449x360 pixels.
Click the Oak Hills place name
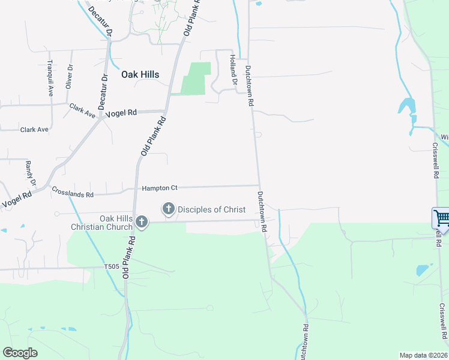pyautogui.click(x=140, y=74)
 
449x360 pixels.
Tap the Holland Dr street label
pyautogui.click(x=232, y=66)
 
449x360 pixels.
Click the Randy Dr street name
pyautogui.click(x=31, y=173)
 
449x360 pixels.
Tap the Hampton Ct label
pyautogui.click(x=160, y=188)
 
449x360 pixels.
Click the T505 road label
pyautogui.click(x=112, y=267)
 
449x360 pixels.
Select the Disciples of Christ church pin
pyautogui.click(x=169, y=209)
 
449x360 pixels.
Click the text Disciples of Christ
pyautogui.click(x=211, y=209)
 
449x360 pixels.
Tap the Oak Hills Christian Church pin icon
pyautogui.click(x=142, y=222)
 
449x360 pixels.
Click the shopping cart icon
pyautogui.click(x=441, y=217)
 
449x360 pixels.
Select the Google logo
pyautogui.click(x=20, y=353)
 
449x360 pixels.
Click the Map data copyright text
pyautogui.click(x=423, y=355)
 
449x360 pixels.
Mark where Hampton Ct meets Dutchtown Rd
pyautogui.click(x=259, y=185)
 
